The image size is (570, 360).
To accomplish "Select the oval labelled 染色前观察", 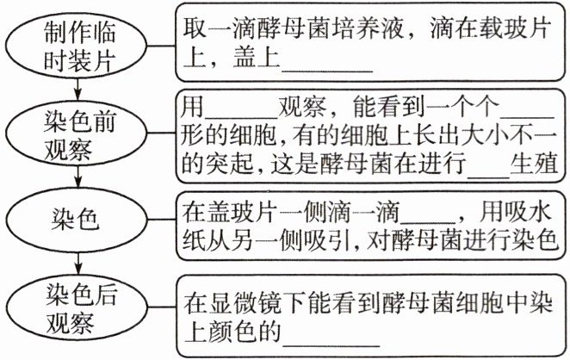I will coord(78,135).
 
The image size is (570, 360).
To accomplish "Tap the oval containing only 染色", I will coord(78,219).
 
